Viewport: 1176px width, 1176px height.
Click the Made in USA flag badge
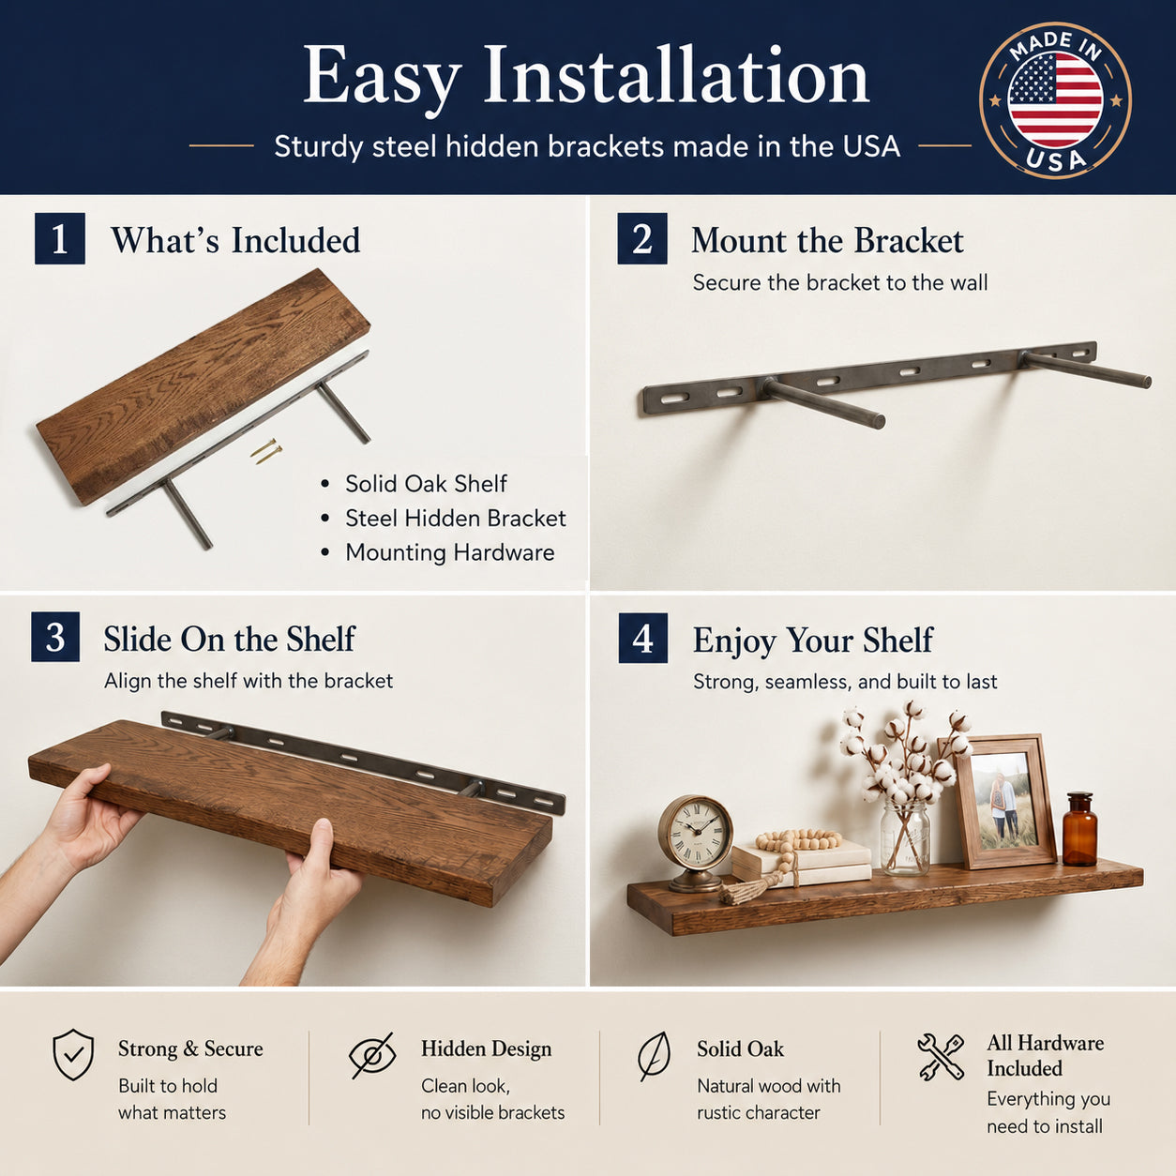tap(1055, 100)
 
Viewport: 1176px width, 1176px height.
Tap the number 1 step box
tap(60, 238)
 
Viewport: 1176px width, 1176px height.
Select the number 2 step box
tap(642, 238)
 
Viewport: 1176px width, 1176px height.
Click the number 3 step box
tap(55, 637)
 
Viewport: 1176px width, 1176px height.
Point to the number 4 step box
tap(642, 638)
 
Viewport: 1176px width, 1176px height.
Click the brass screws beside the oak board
tap(266, 452)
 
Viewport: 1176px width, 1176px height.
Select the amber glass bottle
tap(1080, 829)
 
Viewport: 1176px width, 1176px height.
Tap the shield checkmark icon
tap(73, 1055)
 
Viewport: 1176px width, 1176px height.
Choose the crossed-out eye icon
tap(372, 1055)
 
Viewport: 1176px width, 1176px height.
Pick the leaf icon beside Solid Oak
tap(654, 1056)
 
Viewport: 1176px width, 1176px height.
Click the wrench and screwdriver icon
tap(941, 1056)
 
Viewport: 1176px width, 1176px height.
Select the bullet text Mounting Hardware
tap(450, 552)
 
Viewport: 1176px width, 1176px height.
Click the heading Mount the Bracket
tap(827, 240)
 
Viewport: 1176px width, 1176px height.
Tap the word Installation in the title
tap(676, 77)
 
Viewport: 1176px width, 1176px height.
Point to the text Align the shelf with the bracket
tap(249, 681)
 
